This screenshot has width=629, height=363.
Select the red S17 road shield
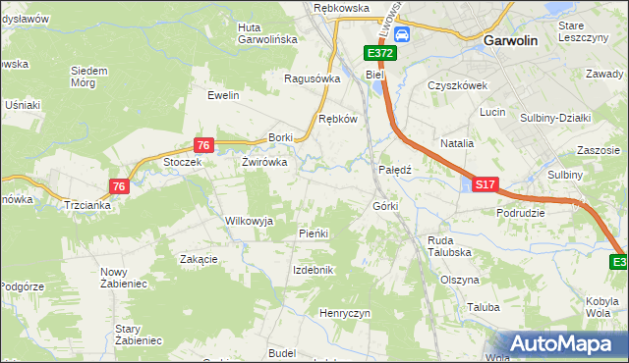486,183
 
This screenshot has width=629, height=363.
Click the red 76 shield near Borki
203,145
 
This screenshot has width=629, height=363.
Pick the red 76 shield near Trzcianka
119,185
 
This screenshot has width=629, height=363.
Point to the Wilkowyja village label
249,221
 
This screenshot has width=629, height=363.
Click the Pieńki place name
313,233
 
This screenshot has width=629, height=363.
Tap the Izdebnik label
314,270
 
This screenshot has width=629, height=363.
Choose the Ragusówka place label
312,78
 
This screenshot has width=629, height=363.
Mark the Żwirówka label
264,163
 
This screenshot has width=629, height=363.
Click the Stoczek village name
183,163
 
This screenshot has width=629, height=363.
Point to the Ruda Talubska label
449,246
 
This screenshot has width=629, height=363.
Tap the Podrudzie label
521,213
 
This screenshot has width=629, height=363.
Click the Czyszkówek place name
458,85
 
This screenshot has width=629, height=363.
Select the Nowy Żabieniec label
123,278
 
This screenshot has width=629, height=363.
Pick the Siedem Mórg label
89,76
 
